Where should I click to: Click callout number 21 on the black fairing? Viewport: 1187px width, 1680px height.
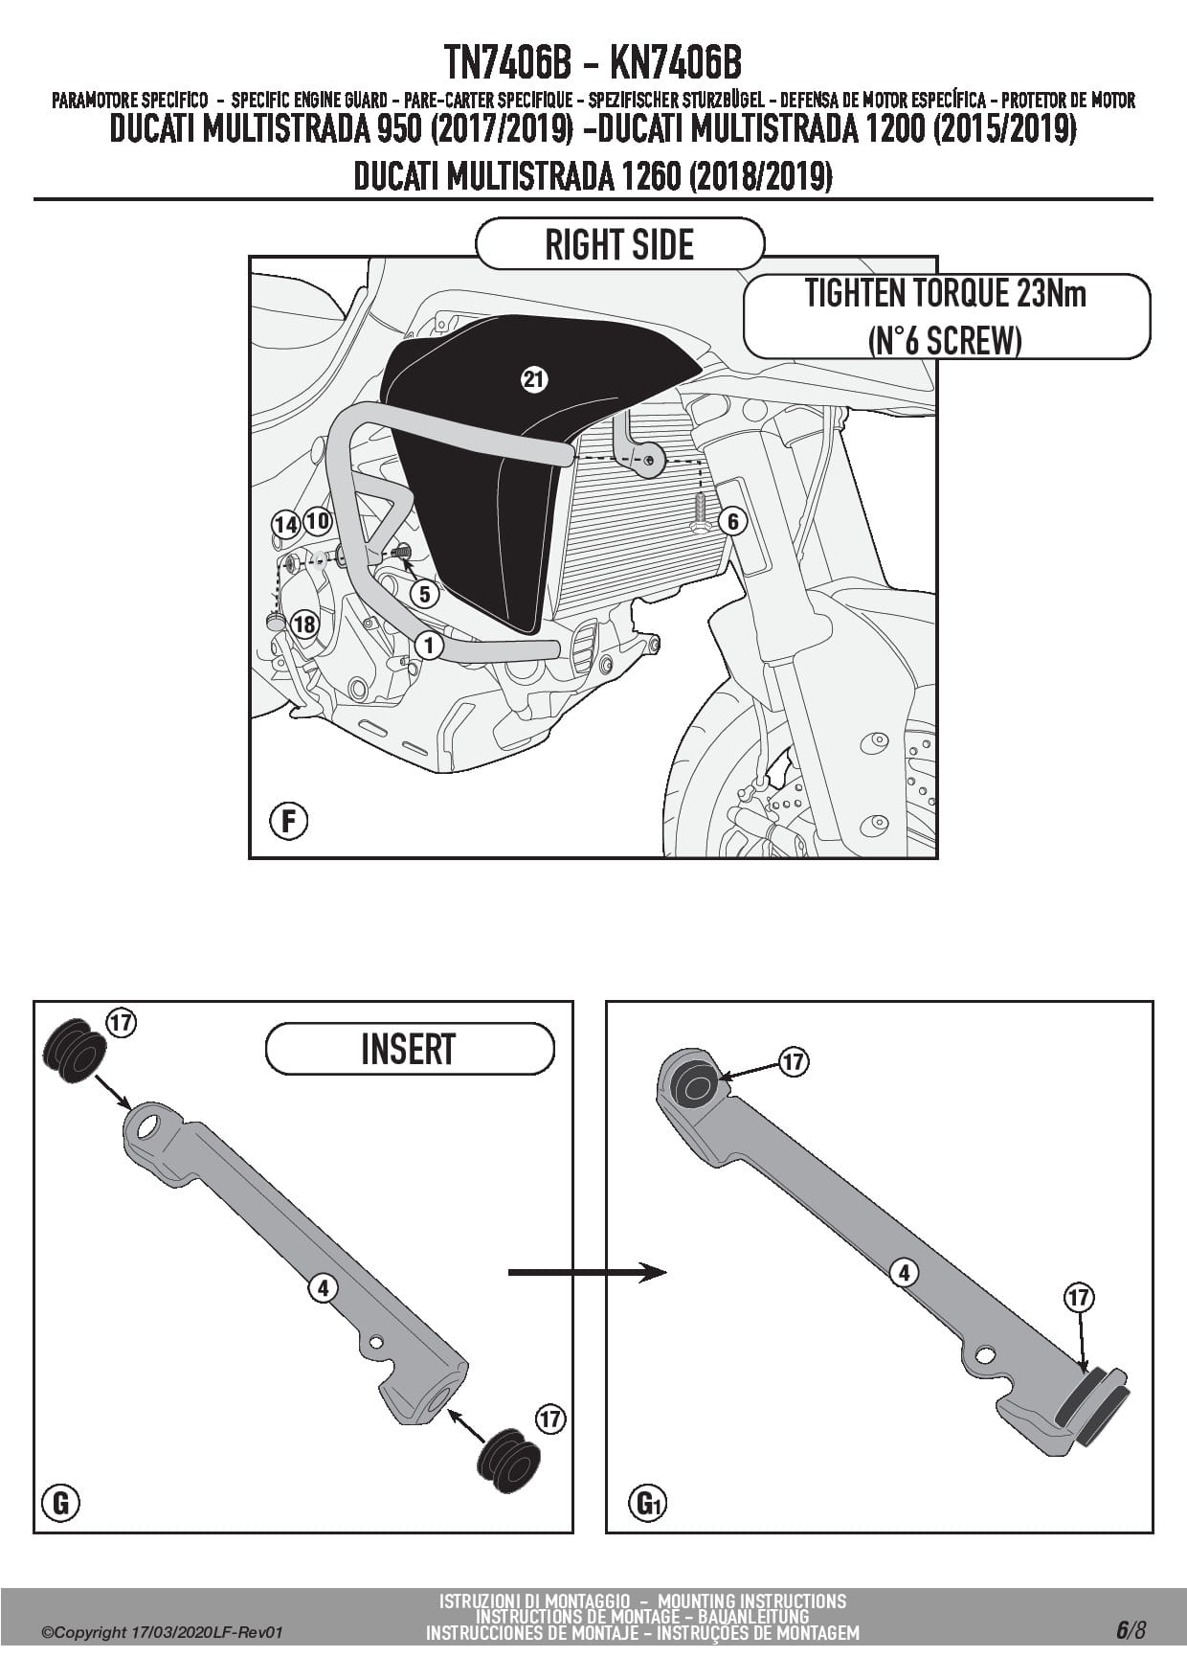(533, 379)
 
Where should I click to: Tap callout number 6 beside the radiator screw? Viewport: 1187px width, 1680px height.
(732, 521)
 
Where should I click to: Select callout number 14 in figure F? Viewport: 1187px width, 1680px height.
(285, 525)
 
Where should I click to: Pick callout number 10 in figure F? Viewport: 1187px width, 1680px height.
(317, 522)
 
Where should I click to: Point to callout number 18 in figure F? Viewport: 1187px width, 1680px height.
(303, 624)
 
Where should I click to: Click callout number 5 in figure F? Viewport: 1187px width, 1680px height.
(424, 594)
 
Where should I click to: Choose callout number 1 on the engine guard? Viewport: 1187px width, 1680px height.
(429, 646)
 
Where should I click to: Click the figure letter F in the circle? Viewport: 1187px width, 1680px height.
(288, 821)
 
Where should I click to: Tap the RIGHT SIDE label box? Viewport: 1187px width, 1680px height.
(619, 244)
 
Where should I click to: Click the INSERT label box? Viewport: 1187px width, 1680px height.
(409, 1049)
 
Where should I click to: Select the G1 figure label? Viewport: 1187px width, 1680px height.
(649, 1505)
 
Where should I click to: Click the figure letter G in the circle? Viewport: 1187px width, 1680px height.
(61, 1503)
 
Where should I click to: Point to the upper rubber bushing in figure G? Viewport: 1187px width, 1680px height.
(74, 1051)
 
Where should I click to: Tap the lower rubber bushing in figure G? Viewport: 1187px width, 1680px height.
(508, 1461)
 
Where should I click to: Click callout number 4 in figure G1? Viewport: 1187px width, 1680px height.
(904, 1273)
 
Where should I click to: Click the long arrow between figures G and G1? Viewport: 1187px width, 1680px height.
(587, 1272)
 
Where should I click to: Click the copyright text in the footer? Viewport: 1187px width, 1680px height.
(163, 1633)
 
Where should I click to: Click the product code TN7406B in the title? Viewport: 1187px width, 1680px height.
(507, 63)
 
